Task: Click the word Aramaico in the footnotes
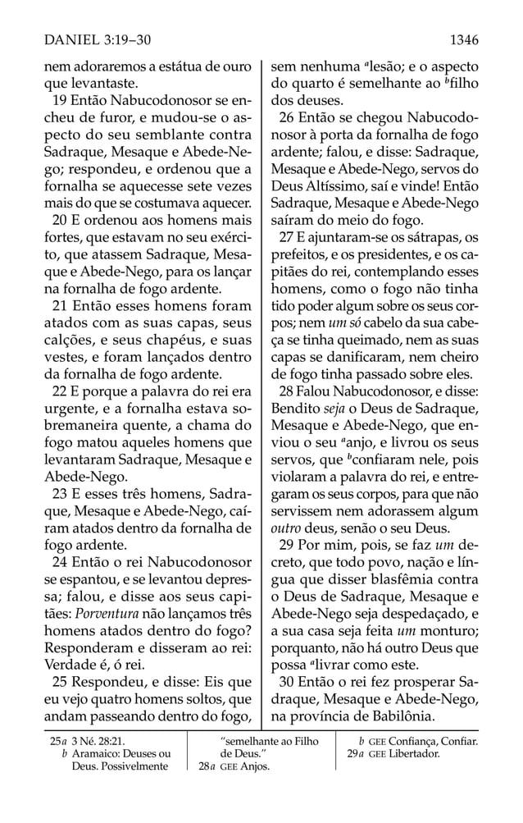coord(96,754)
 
